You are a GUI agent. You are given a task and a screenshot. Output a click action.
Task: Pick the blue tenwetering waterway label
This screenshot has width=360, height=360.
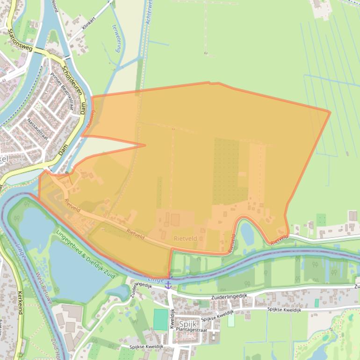pos(116,38)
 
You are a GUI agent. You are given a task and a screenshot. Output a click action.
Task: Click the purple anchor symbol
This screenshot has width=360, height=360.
pos(168,284)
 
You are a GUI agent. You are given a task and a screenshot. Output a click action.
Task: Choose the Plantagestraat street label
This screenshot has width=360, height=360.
pos(192,330)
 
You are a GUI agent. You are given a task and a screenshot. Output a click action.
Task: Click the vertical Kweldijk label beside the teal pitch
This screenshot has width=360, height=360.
pos(172,318)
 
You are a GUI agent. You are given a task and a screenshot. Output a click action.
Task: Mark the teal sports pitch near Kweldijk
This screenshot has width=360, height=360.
pos(160,319)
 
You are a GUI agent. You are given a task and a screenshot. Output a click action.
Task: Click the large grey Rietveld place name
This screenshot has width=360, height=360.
pos(185,238)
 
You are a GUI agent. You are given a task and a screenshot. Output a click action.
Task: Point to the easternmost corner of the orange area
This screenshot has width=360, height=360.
pos(330,112)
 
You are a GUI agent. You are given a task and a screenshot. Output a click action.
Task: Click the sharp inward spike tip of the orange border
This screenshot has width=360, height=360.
pos(145,145)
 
